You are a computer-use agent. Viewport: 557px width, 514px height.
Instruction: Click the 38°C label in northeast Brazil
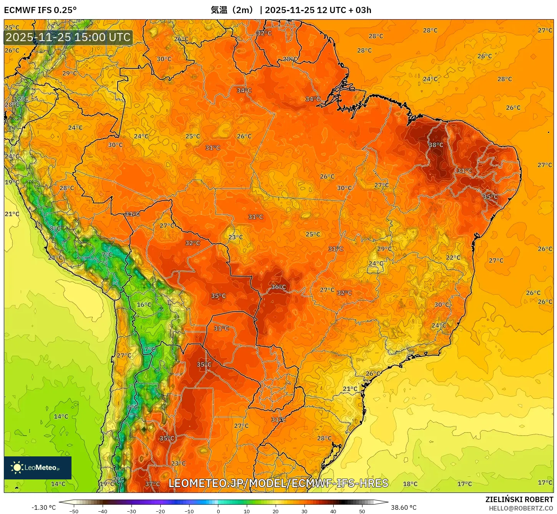(436, 145)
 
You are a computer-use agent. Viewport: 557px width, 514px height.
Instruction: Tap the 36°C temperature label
(278, 287)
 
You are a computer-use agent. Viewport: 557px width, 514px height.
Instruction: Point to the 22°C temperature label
(453, 257)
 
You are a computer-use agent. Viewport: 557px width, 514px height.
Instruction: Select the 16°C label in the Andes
(144, 305)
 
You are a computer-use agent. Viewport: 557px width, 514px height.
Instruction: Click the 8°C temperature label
(55, 229)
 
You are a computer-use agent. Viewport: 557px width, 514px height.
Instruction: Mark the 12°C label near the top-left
(21, 99)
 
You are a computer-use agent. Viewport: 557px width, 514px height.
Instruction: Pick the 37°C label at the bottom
(153, 484)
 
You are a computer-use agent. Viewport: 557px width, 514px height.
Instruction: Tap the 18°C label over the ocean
(410, 484)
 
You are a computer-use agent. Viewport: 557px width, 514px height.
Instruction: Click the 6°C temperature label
(132, 407)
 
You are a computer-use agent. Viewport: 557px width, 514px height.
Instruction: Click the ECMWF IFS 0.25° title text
(40, 10)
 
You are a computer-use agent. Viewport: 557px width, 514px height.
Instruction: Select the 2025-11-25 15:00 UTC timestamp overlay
(68, 37)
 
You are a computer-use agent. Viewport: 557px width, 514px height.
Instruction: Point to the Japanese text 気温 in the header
(219, 10)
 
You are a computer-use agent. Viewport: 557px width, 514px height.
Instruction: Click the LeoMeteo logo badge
(38, 468)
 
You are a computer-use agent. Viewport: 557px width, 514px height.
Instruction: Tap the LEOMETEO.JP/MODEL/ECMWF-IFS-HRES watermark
(278, 483)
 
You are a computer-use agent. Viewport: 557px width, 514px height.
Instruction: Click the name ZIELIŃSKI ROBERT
(519, 499)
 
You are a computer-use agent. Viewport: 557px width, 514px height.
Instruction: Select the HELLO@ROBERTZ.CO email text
(520, 508)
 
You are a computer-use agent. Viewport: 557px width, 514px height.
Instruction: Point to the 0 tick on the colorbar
(218, 511)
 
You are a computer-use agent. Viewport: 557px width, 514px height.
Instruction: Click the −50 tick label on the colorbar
(73, 511)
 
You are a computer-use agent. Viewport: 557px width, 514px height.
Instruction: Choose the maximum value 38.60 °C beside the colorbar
(404, 507)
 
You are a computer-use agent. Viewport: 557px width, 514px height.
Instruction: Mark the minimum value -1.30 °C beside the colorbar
(43, 507)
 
